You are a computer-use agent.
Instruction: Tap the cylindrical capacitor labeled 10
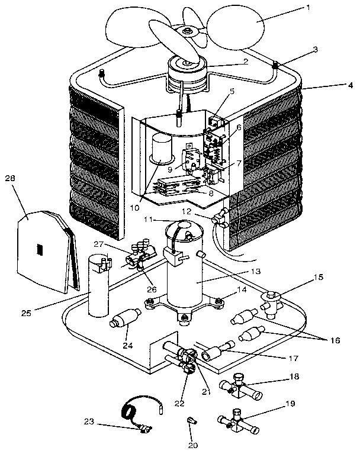click(159, 149)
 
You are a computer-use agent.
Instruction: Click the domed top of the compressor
click(184, 228)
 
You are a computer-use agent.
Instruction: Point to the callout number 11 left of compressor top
click(149, 219)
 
